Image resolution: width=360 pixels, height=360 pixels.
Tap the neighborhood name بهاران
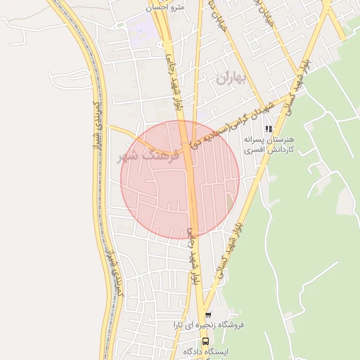[x=234, y=79]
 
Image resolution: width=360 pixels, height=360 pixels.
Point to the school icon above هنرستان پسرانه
[x=268, y=129]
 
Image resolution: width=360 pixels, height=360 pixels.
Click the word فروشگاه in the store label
[x=247, y=326]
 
